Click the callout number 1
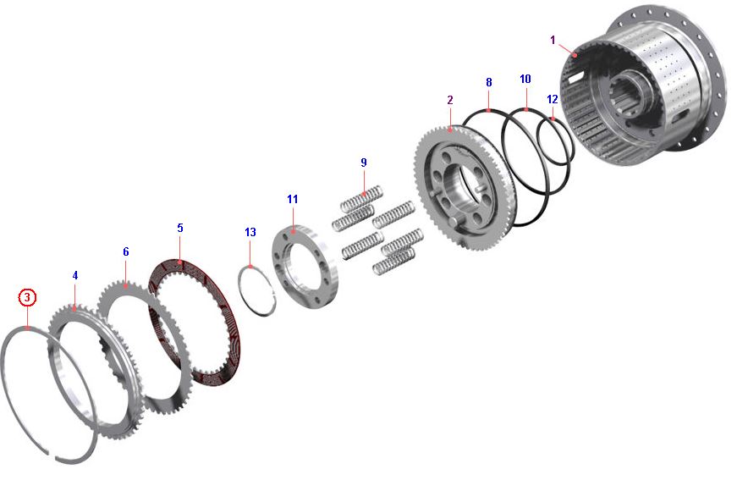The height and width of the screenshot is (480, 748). [x=553, y=40]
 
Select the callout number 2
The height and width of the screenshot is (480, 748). [x=450, y=100]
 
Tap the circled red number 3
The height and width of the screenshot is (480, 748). [x=27, y=297]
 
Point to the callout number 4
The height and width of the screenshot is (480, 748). [x=75, y=276]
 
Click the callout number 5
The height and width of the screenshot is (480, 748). [x=180, y=228]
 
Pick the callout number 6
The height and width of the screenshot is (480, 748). [x=125, y=252]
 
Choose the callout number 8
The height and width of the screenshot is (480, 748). [x=488, y=83]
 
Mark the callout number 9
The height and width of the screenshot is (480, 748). [x=364, y=163]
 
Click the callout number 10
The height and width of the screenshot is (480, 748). [x=525, y=80]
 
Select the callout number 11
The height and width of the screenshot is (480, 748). [x=293, y=200]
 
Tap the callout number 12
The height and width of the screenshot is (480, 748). [x=553, y=99]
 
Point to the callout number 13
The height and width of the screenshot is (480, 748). [x=250, y=232]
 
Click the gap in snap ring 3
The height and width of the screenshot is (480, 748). [x=53, y=455]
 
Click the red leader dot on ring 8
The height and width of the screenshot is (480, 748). [x=488, y=110]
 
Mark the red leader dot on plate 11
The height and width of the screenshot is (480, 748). [x=293, y=231]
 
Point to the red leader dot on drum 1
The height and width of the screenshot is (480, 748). [x=575, y=55]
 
